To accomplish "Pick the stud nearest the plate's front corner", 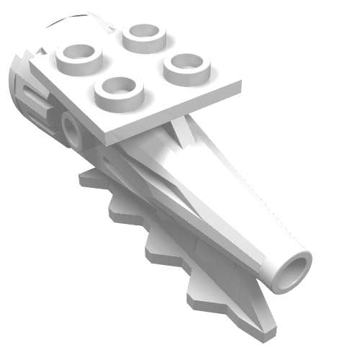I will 119,89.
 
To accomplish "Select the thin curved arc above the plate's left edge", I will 79,19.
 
